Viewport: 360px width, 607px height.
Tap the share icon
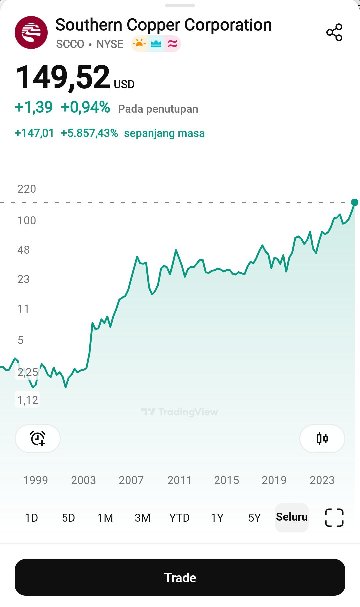334,32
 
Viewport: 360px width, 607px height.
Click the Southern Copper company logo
31,33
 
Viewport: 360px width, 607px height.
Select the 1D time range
32,518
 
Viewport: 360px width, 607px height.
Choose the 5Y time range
254,518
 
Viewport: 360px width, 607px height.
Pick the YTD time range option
179,518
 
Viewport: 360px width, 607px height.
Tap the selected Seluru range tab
292,517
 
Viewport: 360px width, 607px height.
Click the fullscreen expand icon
334,518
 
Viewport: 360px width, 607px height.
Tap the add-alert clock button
38,438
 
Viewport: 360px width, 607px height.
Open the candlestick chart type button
322,438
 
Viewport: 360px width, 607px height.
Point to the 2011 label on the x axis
179,480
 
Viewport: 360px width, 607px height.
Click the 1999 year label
36,480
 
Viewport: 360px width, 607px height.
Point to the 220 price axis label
27,189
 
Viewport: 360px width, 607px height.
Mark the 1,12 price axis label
28,400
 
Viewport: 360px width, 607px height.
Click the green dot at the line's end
354,202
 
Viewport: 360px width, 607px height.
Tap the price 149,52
63,77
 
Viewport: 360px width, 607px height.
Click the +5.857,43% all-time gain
89,133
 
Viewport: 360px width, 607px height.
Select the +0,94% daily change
86,107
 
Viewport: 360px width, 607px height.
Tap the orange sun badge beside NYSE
139,44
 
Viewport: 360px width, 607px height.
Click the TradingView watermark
180,412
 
